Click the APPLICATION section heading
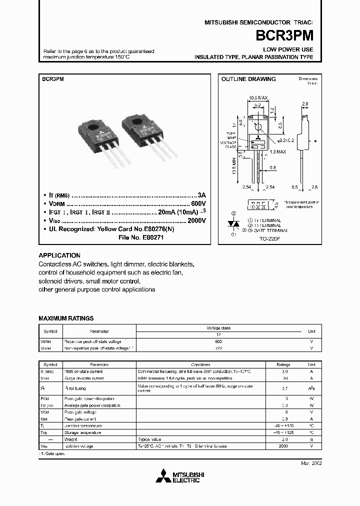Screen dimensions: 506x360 [59, 255]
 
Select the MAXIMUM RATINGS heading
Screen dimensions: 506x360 [66, 318]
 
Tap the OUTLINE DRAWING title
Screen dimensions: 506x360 [248, 79]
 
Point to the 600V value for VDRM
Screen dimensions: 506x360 [197, 204]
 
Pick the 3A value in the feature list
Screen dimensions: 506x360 [201, 195]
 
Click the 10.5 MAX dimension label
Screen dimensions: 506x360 [258, 97]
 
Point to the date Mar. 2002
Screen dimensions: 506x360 [311, 463]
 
